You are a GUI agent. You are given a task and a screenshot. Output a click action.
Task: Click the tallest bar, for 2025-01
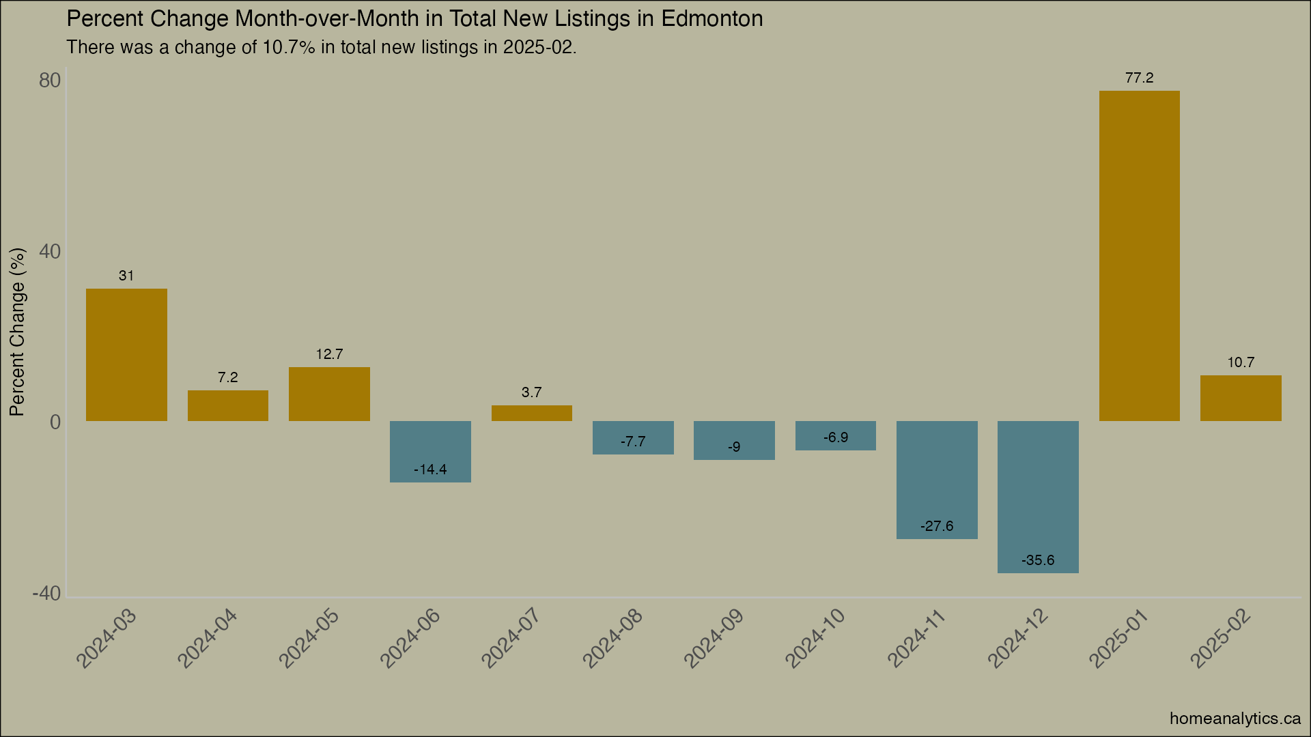click(x=1139, y=256)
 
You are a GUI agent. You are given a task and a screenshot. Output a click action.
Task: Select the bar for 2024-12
click(x=1038, y=497)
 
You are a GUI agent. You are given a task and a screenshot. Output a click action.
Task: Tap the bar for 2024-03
click(x=126, y=355)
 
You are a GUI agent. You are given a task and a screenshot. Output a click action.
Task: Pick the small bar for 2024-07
click(x=531, y=414)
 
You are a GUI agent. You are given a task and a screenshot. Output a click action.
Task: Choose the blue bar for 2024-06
click(x=430, y=452)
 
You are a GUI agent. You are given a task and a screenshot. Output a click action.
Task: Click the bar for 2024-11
click(x=937, y=480)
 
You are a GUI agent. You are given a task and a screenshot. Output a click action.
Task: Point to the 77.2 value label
click(x=1139, y=78)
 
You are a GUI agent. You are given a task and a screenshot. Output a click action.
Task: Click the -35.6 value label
click(x=1038, y=560)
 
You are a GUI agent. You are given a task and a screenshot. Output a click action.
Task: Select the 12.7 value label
click(x=329, y=354)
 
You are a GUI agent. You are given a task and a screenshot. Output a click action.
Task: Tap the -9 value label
click(x=734, y=447)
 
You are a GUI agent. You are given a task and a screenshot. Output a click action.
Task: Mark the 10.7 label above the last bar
click(x=1241, y=362)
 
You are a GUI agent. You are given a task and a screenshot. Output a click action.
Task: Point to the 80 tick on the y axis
click(x=50, y=81)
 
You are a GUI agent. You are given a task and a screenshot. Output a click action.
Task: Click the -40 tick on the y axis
click(x=46, y=594)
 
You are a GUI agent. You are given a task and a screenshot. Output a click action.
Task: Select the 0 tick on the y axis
click(x=55, y=422)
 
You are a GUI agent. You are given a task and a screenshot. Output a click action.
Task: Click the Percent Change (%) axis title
click(x=17, y=332)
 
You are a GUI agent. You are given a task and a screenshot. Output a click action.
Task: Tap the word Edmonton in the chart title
click(x=711, y=18)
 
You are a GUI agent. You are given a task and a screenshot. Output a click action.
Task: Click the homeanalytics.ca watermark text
click(x=1235, y=718)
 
